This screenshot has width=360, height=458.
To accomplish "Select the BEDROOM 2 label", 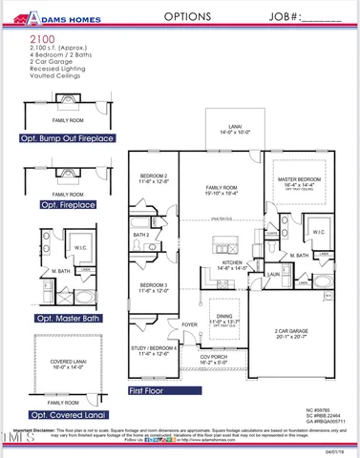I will pyautogui.click(x=154, y=177).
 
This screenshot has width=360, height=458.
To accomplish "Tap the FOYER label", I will pyautogui.click(x=188, y=323).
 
